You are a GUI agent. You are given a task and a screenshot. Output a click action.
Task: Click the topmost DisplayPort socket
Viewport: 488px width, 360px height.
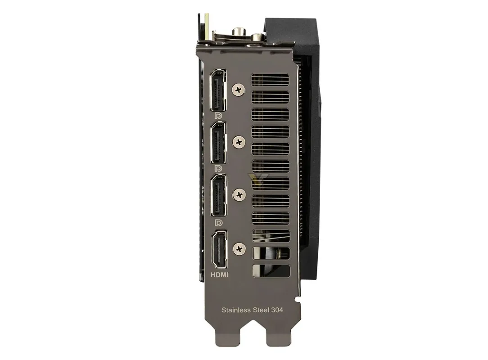[218, 90]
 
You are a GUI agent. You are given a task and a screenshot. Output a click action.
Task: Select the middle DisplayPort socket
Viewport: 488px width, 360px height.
[218, 143]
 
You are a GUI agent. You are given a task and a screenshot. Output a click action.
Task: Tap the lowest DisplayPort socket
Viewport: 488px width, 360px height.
[218, 195]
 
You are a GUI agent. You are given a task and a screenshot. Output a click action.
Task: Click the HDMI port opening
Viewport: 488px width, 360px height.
[219, 249]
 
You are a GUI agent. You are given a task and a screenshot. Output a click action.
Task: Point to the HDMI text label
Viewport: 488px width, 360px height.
[219, 275]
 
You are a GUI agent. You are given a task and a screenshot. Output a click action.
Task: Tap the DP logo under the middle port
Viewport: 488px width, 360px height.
[219, 169]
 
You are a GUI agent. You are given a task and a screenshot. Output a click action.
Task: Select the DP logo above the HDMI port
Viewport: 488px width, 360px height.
[219, 222]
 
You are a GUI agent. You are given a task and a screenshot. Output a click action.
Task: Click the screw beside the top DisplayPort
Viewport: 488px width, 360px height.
[239, 90]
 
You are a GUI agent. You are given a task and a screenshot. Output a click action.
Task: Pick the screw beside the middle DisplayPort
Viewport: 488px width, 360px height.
[239, 142]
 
